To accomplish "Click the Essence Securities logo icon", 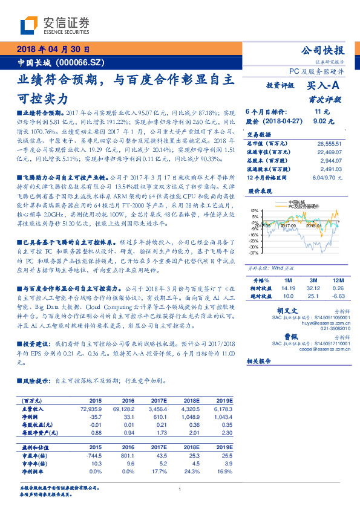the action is [x=29, y=25].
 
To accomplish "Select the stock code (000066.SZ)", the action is [x=81, y=62].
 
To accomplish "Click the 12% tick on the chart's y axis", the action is [x=255, y=211].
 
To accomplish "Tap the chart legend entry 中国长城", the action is [x=296, y=202].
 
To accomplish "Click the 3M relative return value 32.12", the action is [x=313, y=289].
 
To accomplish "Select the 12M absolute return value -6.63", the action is [x=339, y=296].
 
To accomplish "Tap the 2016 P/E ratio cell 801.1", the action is [x=128, y=454].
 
